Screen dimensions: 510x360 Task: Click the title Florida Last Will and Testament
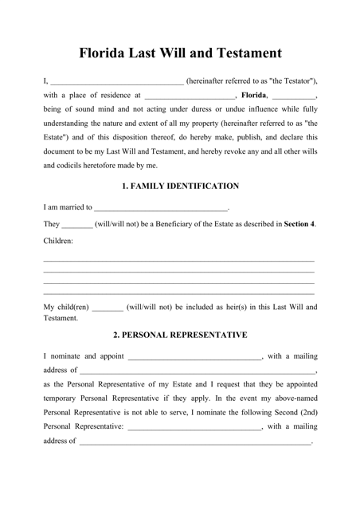(180, 53)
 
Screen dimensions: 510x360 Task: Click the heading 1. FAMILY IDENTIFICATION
(180, 186)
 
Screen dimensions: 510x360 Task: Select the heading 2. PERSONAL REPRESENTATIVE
(180, 335)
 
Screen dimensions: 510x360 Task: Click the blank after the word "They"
(76, 225)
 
